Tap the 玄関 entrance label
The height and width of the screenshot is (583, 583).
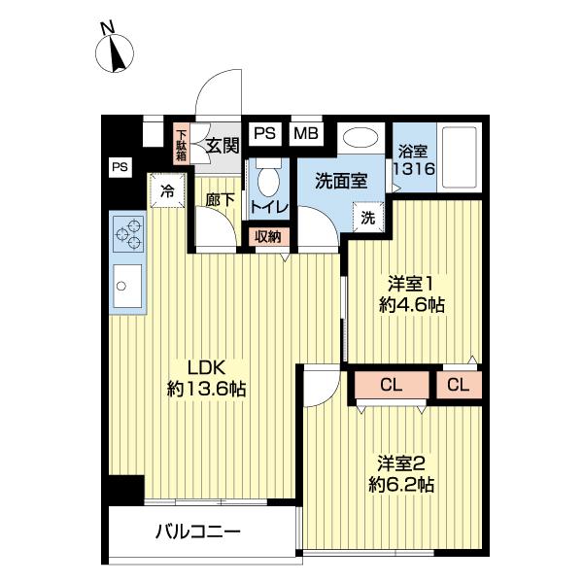(x=222, y=146)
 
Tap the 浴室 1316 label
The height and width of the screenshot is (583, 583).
(x=412, y=159)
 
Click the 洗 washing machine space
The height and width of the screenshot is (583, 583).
(x=368, y=218)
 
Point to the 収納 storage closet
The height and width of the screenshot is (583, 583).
(x=268, y=236)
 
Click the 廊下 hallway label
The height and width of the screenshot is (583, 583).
(x=222, y=199)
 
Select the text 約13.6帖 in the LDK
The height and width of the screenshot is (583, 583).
(x=206, y=390)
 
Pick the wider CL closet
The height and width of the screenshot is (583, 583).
(x=391, y=386)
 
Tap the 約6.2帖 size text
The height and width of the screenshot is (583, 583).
(x=400, y=484)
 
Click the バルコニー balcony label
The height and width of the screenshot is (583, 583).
(x=196, y=532)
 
